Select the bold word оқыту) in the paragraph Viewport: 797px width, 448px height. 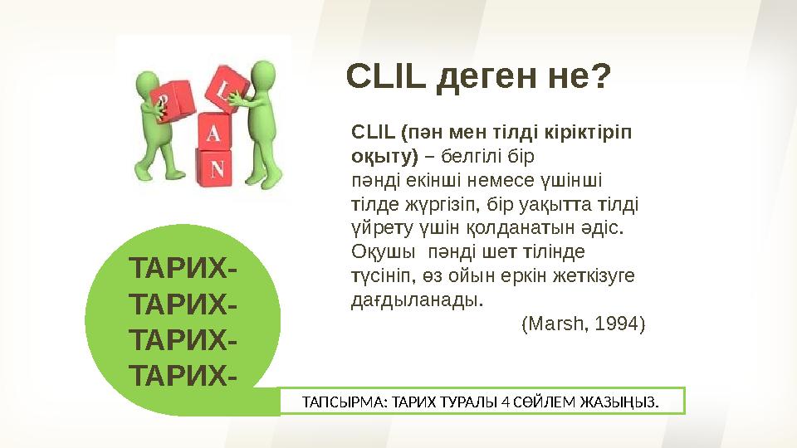(x=384, y=155)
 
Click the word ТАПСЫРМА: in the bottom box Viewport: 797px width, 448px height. (x=336, y=402)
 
